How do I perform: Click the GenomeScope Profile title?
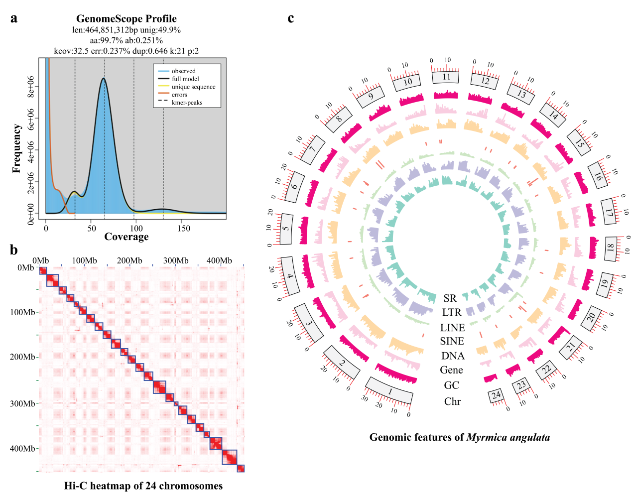click(x=126, y=18)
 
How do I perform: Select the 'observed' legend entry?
click(x=183, y=71)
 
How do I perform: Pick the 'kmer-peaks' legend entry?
click(x=187, y=103)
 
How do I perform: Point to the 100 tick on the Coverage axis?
click(x=136, y=228)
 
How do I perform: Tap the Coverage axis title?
click(x=126, y=237)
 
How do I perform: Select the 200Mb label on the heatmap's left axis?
click(x=22, y=357)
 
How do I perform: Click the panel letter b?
click(x=14, y=250)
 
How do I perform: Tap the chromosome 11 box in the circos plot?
click(x=446, y=77)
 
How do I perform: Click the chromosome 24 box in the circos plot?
click(x=496, y=395)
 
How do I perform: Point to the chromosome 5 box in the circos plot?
click(x=285, y=229)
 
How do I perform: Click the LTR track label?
click(x=452, y=312)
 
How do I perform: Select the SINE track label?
click(x=452, y=341)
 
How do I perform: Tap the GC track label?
click(x=451, y=385)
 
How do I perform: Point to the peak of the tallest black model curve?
click(x=104, y=78)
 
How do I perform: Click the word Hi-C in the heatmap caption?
click(x=76, y=486)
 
